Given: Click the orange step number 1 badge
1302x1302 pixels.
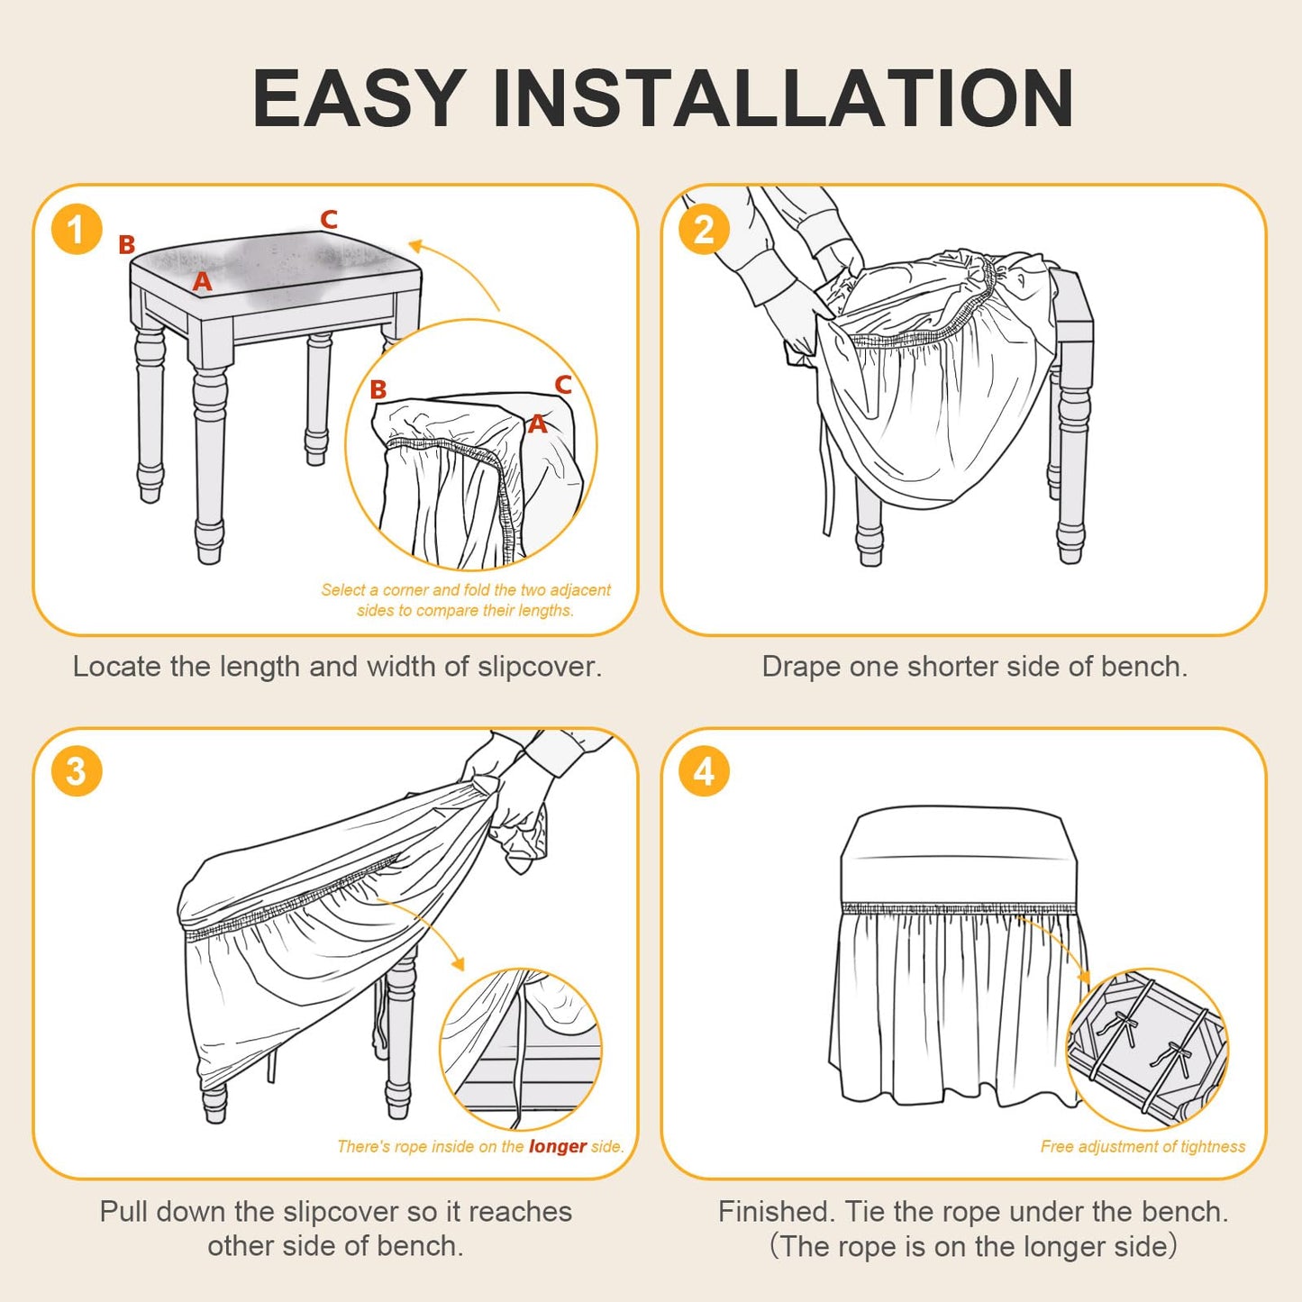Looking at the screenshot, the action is pos(77,229).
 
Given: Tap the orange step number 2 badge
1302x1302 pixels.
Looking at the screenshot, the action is pos(704,229).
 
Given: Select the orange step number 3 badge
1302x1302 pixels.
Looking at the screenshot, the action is pos(77,771).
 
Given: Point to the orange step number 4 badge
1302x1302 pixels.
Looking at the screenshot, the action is pos(704,771).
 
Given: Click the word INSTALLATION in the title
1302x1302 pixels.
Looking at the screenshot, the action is pos(783,97).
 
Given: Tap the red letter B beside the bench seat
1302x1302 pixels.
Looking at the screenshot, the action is pos(126,244).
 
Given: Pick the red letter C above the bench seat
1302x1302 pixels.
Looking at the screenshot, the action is pos(328,219).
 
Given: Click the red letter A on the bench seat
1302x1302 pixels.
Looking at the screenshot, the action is pos(202,280).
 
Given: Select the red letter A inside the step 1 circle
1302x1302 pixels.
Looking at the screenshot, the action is pos(537,423).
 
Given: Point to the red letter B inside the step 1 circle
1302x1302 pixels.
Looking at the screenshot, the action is pos(378,389).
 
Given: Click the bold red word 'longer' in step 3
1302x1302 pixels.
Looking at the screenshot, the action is pos(558,1147).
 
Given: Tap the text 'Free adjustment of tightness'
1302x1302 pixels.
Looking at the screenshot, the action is pos(1143,1146).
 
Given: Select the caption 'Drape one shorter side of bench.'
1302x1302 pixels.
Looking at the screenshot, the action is pos(974,667).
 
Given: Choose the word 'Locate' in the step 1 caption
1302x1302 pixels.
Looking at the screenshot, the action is pos(117,667).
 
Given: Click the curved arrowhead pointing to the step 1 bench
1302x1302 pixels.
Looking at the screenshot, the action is pos(417,245).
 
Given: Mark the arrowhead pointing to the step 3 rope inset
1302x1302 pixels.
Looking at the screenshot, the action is pos(460,964).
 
